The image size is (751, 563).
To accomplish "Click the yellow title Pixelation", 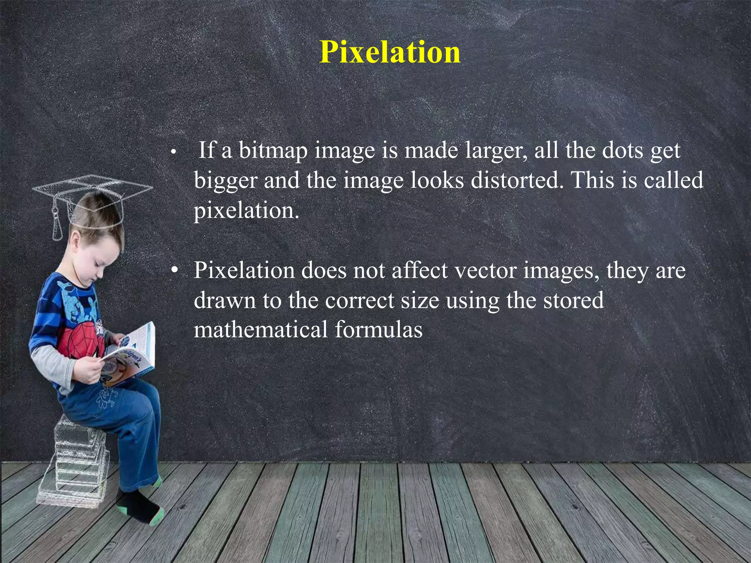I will click(x=390, y=52).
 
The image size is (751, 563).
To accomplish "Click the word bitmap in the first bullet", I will click(x=273, y=150).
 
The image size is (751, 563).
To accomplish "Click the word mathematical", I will click(x=261, y=329).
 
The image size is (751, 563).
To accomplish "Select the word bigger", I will click(x=226, y=181).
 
